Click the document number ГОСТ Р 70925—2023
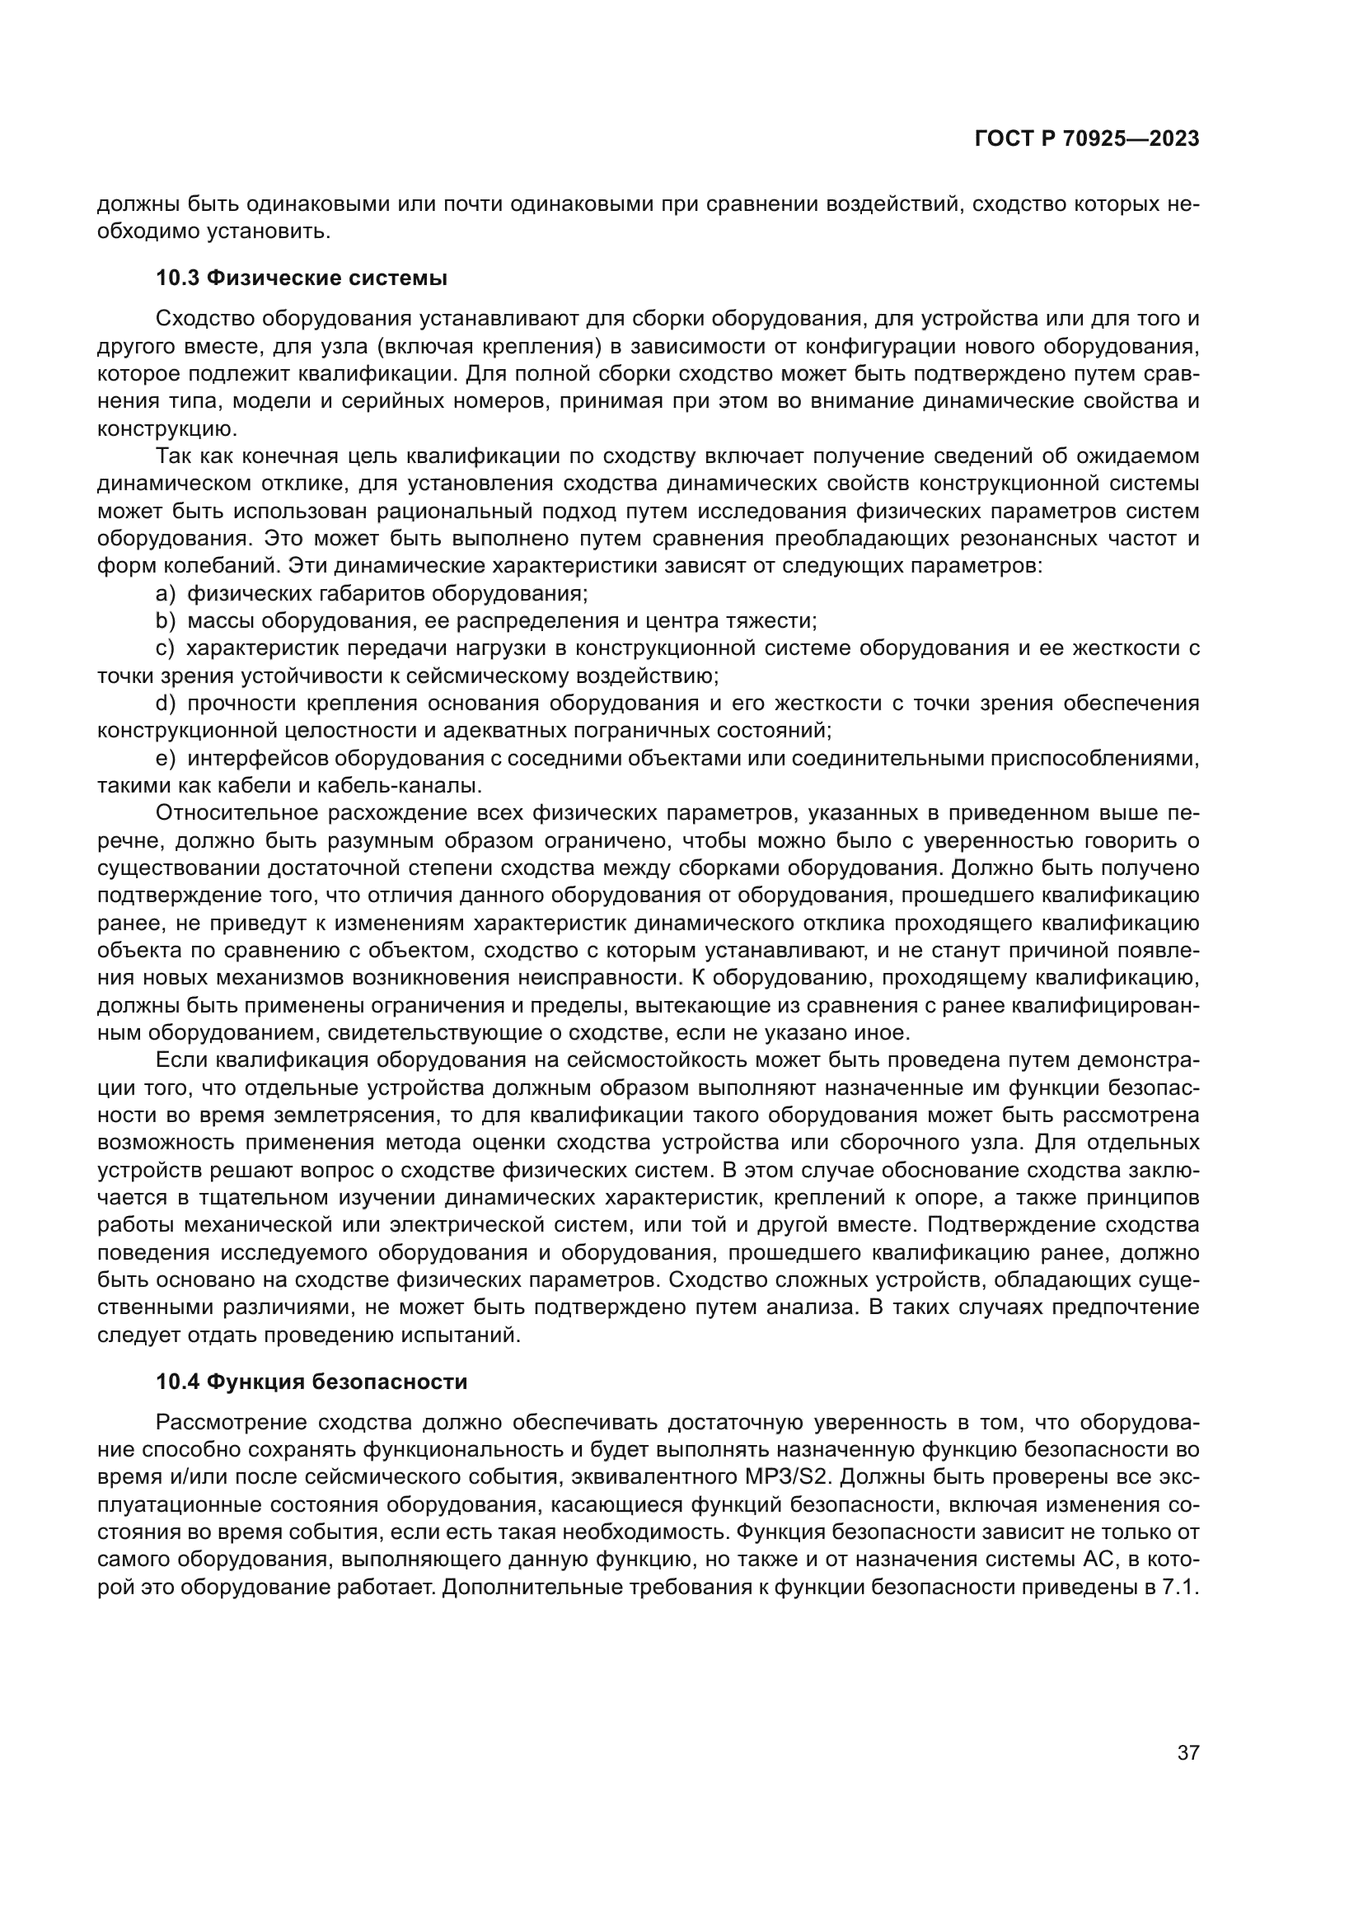[x=1087, y=139]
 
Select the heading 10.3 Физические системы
[x=302, y=278]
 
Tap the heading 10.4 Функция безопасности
[x=311, y=1382]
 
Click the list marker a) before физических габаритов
[x=166, y=594]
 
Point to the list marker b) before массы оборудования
[x=166, y=621]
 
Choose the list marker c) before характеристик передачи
[x=166, y=648]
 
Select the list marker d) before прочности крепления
[x=166, y=704]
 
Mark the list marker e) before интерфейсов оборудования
[x=166, y=759]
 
